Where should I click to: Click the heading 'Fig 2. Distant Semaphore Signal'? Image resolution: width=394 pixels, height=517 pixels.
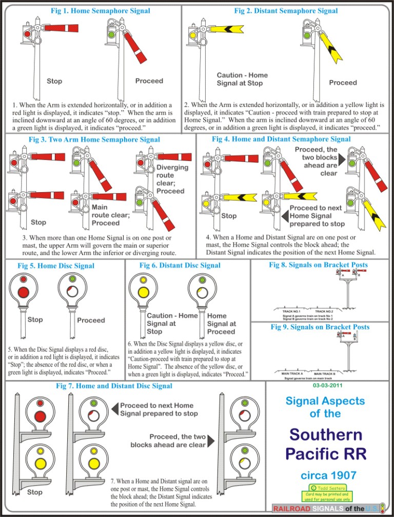pyautogui.click(x=286, y=11)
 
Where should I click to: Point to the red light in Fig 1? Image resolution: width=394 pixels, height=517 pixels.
pyautogui.click(x=27, y=34)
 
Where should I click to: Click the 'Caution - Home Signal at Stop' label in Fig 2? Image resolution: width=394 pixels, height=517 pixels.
pyautogui.click(x=242, y=79)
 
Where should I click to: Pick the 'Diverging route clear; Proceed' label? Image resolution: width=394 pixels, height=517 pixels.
pyautogui.click(x=172, y=179)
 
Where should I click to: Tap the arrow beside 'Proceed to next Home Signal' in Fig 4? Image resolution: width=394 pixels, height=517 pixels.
pyautogui.click(x=285, y=216)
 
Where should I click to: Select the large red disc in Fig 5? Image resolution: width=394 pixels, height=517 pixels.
pyautogui.click(x=24, y=292)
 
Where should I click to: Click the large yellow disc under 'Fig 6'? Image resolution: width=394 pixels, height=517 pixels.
pyautogui.click(x=144, y=292)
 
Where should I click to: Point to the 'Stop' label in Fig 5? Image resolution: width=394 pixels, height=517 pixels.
pyautogui.click(x=35, y=319)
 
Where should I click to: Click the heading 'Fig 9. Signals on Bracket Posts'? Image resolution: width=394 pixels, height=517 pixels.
pyautogui.click(x=320, y=327)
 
